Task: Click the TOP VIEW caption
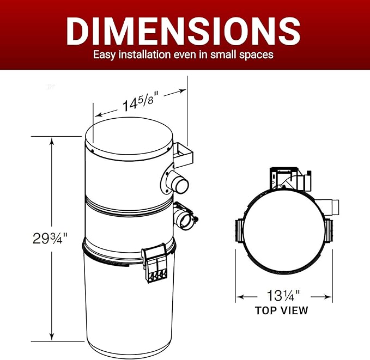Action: point(282,310)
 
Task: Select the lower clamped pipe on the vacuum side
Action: point(182,217)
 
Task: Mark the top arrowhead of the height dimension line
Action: point(52,141)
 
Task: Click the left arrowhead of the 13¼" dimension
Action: point(239,297)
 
